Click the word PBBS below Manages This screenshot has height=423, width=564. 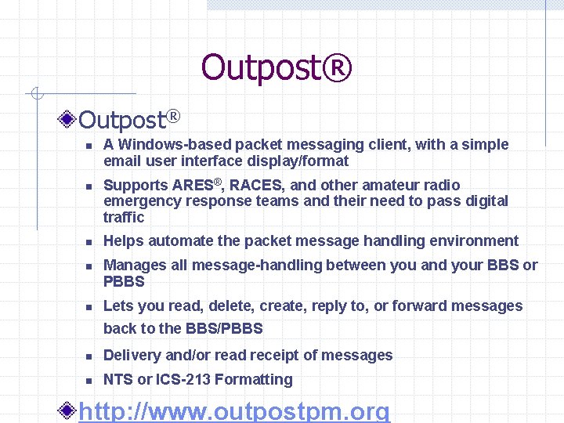coord(124,281)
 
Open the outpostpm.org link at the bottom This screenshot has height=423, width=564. coord(234,411)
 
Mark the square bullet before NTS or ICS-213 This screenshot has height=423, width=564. coord(89,380)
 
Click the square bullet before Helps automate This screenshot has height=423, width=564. coord(89,242)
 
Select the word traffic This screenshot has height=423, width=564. coord(124,217)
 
